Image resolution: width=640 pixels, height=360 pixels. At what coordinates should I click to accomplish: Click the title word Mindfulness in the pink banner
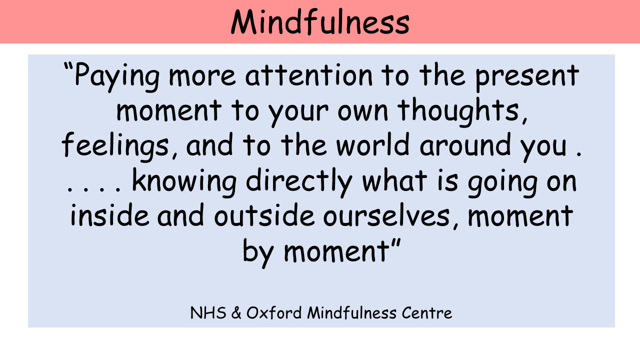[x=320, y=22]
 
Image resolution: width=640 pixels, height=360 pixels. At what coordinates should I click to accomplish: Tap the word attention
[x=309, y=75]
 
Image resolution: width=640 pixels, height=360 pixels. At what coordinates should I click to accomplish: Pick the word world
[x=373, y=144]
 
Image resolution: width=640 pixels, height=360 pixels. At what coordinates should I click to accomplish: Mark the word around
[x=465, y=144]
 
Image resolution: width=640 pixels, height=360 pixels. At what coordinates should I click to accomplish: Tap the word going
[x=502, y=183]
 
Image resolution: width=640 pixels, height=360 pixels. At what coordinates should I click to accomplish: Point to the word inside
[x=110, y=214]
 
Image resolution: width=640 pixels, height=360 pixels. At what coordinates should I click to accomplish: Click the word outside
[x=264, y=214]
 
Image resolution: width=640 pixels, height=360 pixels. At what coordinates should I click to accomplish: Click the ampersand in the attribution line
[x=236, y=313]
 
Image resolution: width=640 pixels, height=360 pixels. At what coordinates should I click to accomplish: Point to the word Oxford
[x=274, y=312]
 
